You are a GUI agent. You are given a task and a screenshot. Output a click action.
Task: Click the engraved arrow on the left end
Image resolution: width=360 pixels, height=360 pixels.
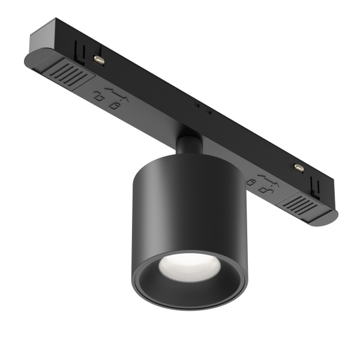coord(113,91)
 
